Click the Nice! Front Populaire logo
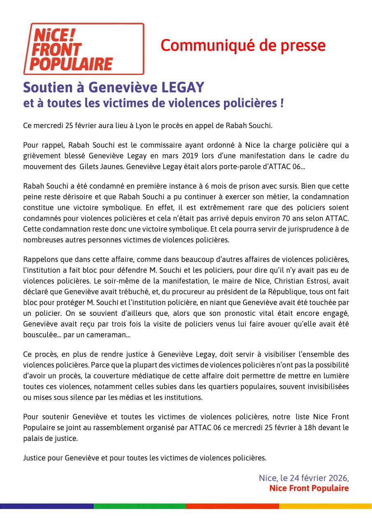[x=83, y=48]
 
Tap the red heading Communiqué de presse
[x=243, y=45]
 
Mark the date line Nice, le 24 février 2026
[x=304, y=478]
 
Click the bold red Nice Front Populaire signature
[x=309, y=488]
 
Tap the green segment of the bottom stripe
[x=140, y=506]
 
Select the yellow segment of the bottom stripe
[x=325, y=506]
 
